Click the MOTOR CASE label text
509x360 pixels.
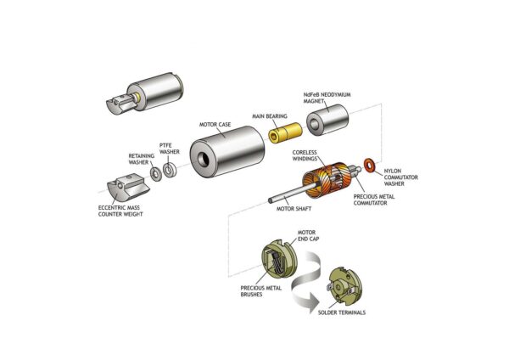click(215, 125)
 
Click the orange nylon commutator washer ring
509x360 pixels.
click(369, 163)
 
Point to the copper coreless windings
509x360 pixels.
click(325, 182)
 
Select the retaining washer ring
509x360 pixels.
click(156, 175)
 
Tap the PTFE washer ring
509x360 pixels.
click(170, 171)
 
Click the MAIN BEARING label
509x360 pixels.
click(270, 115)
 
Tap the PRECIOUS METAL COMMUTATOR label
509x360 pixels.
click(379, 200)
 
